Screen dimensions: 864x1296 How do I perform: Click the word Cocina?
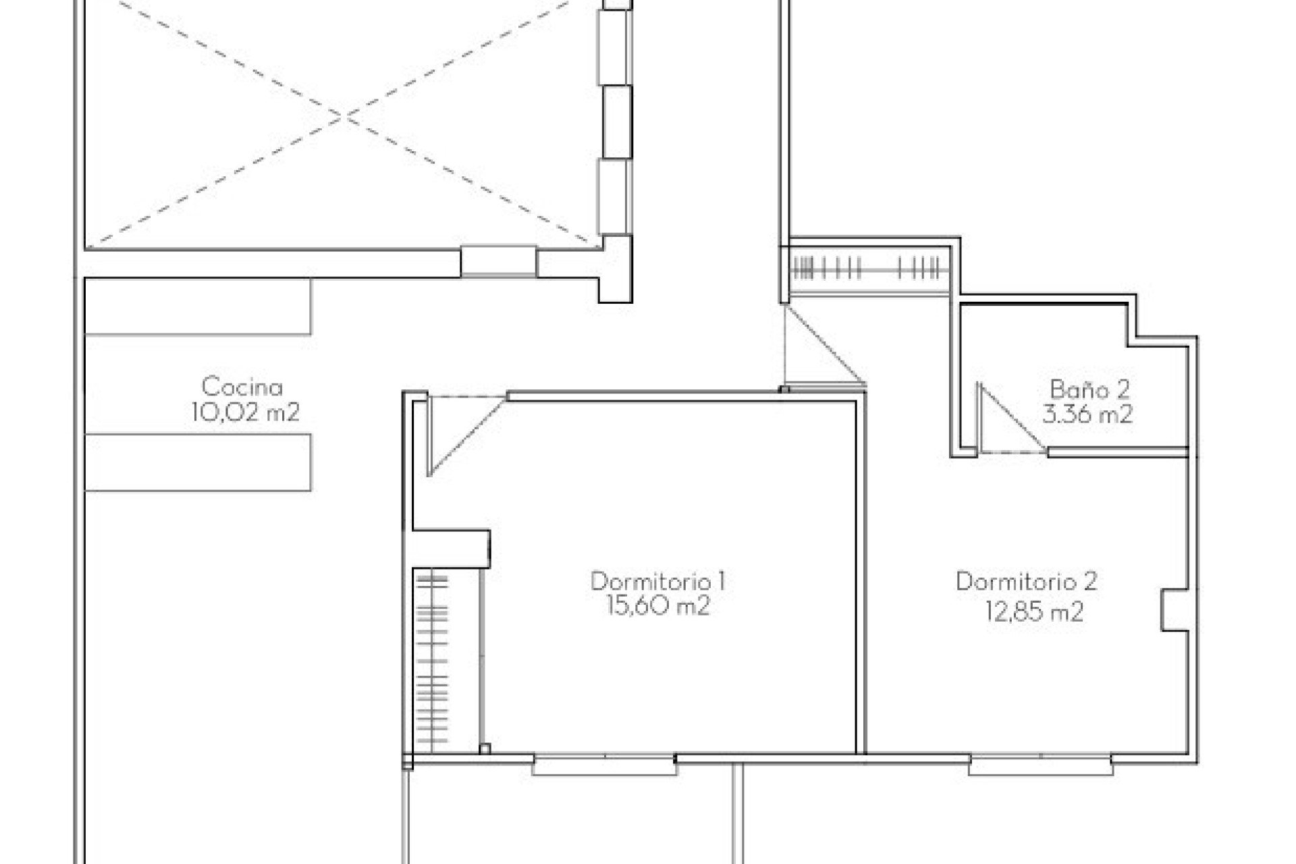(x=242, y=387)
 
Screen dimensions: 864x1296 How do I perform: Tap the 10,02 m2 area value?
(x=245, y=412)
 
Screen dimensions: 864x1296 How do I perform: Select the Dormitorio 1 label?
(x=657, y=581)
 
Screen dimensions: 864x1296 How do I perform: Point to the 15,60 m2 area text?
(x=657, y=606)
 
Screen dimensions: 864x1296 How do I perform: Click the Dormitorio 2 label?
(x=1026, y=581)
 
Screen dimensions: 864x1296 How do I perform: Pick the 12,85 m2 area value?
(x=1034, y=612)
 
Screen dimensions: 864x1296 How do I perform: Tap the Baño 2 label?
(x=1089, y=389)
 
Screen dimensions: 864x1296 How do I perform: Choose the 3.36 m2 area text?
(x=1087, y=414)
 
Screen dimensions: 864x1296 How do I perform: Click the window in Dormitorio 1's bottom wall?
(x=604, y=765)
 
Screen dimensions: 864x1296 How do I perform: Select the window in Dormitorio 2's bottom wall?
(x=1040, y=765)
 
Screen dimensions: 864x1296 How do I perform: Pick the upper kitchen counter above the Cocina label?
(x=198, y=307)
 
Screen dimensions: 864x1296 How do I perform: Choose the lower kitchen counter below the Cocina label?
(x=198, y=462)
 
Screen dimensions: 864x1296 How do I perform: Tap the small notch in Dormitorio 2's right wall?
(x=1174, y=611)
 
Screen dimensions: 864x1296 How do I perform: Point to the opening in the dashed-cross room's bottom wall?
(x=499, y=262)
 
